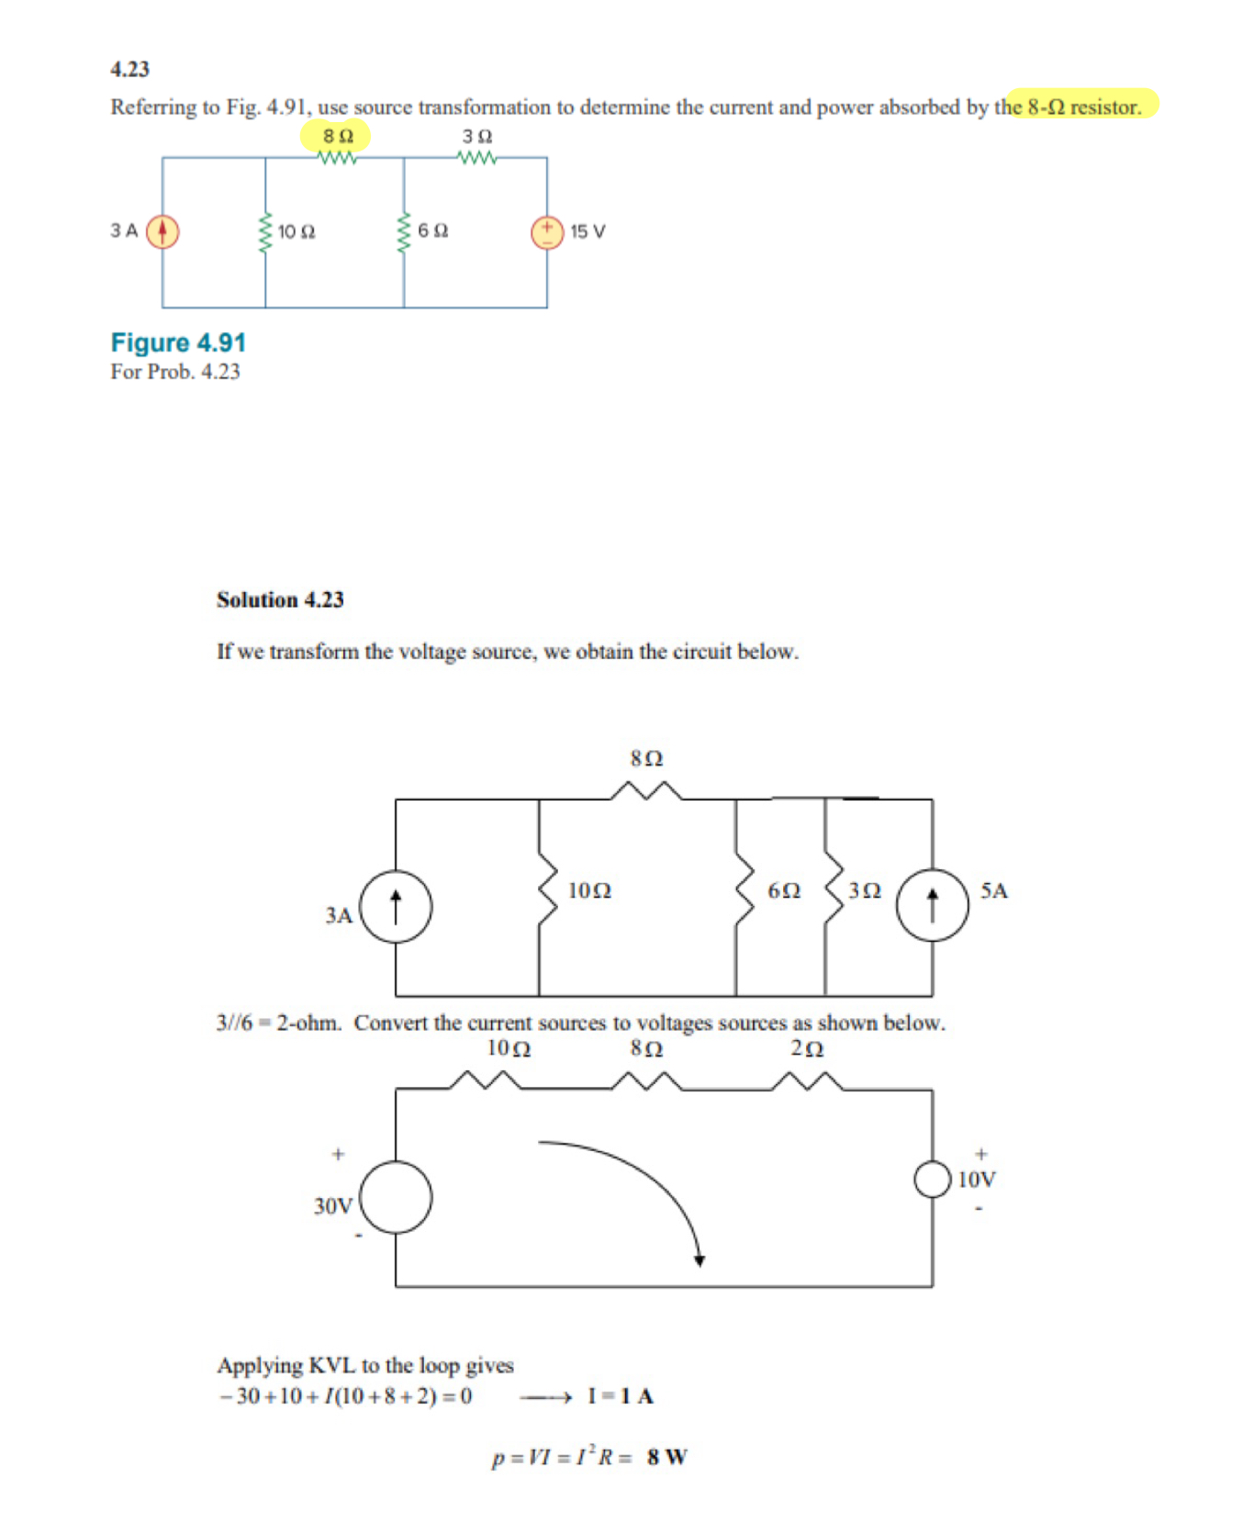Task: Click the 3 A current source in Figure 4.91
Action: click(162, 231)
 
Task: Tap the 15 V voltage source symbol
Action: click(546, 231)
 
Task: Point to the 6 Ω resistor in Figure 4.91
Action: click(403, 231)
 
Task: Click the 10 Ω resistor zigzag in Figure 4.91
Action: click(265, 232)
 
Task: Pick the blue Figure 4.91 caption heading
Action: click(178, 342)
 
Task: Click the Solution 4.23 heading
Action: click(280, 599)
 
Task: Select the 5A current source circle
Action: click(932, 905)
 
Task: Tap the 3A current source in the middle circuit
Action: click(396, 906)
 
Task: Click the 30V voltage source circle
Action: click(396, 1196)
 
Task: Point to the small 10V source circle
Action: click(932, 1180)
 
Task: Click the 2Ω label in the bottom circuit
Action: click(807, 1048)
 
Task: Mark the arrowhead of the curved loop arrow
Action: click(699, 1260)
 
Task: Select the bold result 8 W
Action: click(666, 1457)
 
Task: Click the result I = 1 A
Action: click(621, 1396)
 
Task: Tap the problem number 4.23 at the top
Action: click(129, 69)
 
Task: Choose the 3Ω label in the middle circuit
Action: click(865, 890)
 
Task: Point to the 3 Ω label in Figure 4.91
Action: click(476, 136)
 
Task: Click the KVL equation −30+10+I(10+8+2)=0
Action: click(346, 1396)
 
